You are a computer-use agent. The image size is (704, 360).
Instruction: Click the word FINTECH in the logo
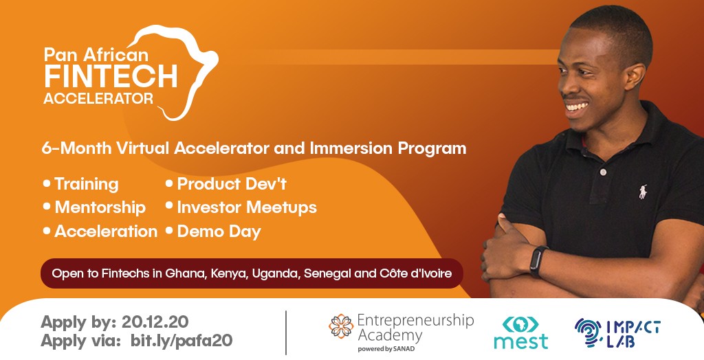coord(111,76)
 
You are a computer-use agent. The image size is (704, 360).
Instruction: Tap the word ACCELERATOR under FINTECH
coord(98,98)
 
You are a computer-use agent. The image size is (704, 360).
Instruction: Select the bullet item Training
coord(81,184)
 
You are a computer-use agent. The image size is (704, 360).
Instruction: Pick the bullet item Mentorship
coord(94,207)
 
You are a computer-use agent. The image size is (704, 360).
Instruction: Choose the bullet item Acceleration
coord(100,231)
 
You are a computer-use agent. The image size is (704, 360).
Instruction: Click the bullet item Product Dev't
coord(226,183)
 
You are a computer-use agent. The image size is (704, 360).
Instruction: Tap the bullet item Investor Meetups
coord(241,207)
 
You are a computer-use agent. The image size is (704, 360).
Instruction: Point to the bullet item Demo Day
coord(213,232)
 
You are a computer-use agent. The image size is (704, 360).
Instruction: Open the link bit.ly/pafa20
coord(181,341)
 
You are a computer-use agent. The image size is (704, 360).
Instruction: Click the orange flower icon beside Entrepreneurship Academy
coord(341,326)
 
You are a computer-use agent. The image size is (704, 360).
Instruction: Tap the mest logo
coord(521,333)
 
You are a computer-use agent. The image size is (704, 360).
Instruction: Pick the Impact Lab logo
coord(617,333)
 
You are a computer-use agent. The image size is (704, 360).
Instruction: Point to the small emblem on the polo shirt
coord(643,192)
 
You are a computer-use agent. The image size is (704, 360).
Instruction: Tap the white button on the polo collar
coord(604,172)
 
